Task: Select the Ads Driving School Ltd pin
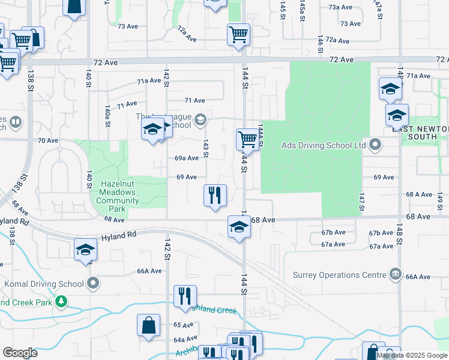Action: pos(376,145)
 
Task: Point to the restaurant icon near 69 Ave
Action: pos(214,195)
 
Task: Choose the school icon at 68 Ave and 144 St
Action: pos(239,227)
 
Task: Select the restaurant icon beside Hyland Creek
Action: pos(184,296)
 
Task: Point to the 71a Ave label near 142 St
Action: pos(148,81)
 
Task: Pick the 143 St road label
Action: pos(205,149)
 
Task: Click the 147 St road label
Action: pos(362,202)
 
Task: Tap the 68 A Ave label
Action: pos(418,194)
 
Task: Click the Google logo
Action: pos(20,353)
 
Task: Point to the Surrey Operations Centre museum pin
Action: pos(395,274)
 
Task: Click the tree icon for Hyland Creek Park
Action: pos(61,301)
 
